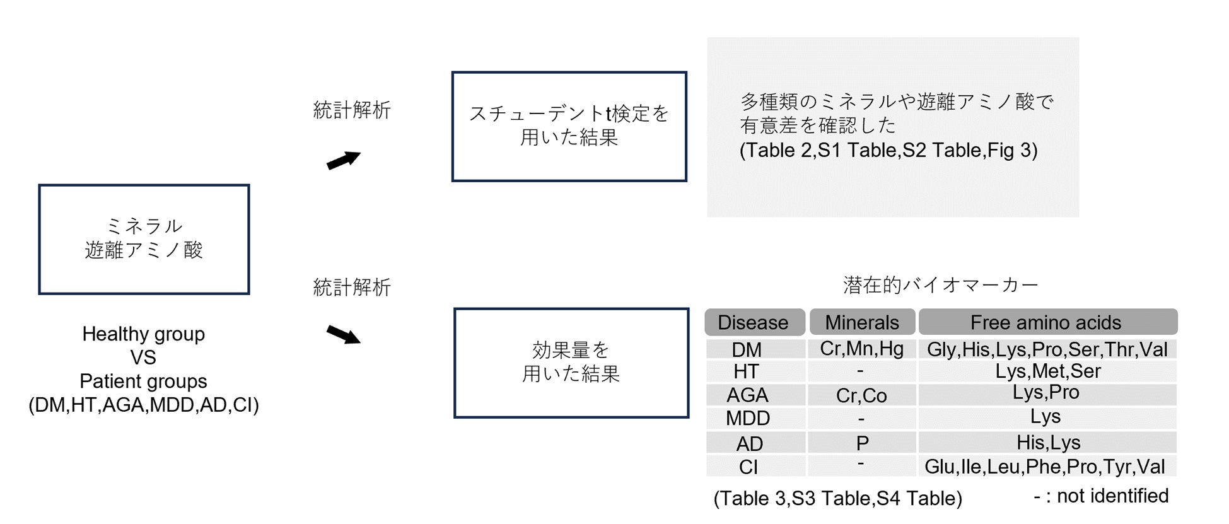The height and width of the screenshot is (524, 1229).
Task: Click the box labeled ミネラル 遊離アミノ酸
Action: click(144, 239)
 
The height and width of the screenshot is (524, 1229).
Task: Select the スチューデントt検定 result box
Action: click(569, 126)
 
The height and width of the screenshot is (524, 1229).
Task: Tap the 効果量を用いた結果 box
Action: click(571, 363)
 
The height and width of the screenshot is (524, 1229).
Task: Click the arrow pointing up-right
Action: click(343, 160)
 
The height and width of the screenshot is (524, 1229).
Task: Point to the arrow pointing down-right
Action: click(343, 334)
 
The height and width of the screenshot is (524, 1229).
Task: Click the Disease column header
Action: click(753, 322)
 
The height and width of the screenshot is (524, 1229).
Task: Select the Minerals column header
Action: click(861, 322)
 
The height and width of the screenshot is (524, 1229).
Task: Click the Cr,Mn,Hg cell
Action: click(861, 349)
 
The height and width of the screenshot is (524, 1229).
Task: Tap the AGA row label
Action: click(747, 395)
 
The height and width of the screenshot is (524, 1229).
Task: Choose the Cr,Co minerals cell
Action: click(861, 395)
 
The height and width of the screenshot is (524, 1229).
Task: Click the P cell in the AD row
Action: click(862, 443)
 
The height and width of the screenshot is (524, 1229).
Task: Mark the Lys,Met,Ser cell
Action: click(1047, 371)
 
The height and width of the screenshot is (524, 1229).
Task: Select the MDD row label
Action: click(748, 418)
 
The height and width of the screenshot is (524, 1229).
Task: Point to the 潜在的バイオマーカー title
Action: click(940, 285)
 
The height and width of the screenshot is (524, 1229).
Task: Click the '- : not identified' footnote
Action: click(1100, 496)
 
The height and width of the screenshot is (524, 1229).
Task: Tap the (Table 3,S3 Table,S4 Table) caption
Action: click(837, 498)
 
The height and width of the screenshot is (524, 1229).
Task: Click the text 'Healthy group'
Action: click(143, 334)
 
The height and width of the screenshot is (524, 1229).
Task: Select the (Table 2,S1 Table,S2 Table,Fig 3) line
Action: click(888, 150)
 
